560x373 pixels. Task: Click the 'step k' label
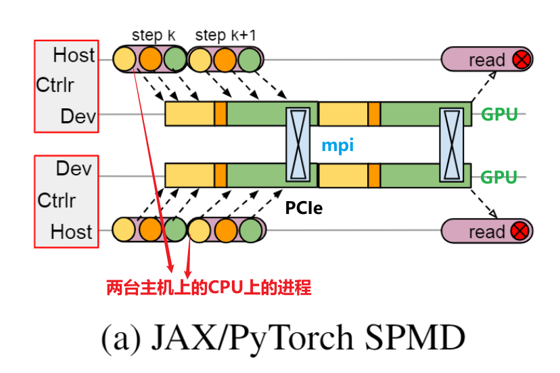pos(153,35)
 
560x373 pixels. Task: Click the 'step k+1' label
pos(226,35)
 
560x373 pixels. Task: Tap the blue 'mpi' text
pos(337,145)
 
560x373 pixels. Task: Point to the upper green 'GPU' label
pos(499,114)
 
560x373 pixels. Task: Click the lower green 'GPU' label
pos(499,177)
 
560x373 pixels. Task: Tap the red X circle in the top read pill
pos(521,60)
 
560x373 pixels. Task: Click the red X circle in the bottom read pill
pos(521,232)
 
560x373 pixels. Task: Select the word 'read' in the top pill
pos(487,60)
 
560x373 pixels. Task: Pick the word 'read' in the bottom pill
pos(487,232)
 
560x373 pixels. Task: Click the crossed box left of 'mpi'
pos(299,144)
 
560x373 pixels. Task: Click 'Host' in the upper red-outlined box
pos(74,54)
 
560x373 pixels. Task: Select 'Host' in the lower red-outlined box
pos(71,232)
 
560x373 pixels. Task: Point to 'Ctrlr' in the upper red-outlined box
pos(55,85)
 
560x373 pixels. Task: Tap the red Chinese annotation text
pos(209,288)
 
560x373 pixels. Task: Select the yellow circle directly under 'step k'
pos(125,60)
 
